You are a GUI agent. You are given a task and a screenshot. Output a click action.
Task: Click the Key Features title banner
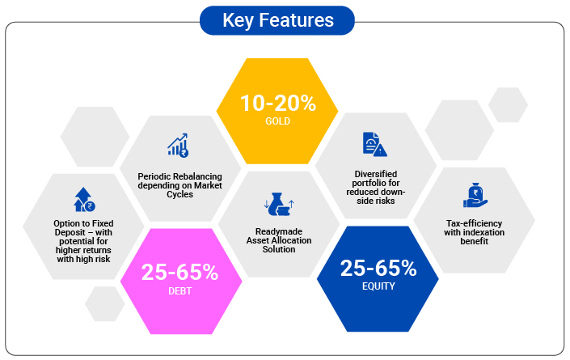277,20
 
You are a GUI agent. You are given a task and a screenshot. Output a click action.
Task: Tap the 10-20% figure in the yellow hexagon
278,104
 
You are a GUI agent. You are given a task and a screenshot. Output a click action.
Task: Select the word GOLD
278,121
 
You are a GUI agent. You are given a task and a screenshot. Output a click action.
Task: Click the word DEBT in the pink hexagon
180,291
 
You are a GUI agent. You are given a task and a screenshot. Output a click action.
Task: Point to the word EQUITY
378,286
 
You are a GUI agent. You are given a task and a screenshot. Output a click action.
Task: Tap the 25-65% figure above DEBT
180,272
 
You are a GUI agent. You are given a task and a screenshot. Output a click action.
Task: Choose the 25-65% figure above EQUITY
378,269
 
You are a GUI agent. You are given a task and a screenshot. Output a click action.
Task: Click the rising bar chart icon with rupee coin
178,145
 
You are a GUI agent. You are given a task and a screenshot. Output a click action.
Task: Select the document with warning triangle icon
375,144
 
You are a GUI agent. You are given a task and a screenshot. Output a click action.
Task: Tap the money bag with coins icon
279,205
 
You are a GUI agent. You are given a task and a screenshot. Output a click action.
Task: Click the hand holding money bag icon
475,195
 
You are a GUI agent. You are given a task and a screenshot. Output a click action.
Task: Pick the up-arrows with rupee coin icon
84,200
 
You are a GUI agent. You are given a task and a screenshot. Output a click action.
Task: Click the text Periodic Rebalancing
179,176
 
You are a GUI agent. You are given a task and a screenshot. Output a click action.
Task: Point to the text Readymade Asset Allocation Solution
279,240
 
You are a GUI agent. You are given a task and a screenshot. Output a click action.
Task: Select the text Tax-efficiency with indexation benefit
474,232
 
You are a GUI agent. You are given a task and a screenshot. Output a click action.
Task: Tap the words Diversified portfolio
375,178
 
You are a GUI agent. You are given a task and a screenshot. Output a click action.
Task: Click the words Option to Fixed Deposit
83,227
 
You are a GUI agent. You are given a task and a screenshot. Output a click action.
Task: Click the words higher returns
83,250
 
